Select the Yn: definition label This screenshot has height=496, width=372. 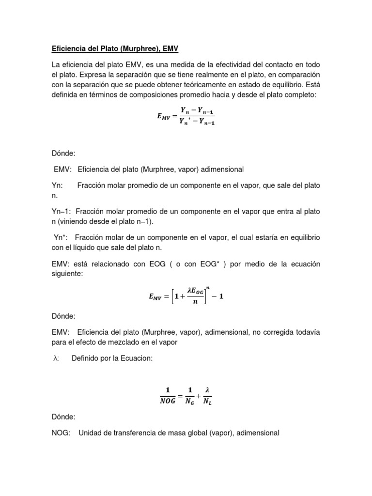57,186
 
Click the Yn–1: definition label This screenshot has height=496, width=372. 62,212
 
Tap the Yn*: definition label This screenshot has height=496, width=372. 63,238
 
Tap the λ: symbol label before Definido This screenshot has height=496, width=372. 56,358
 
